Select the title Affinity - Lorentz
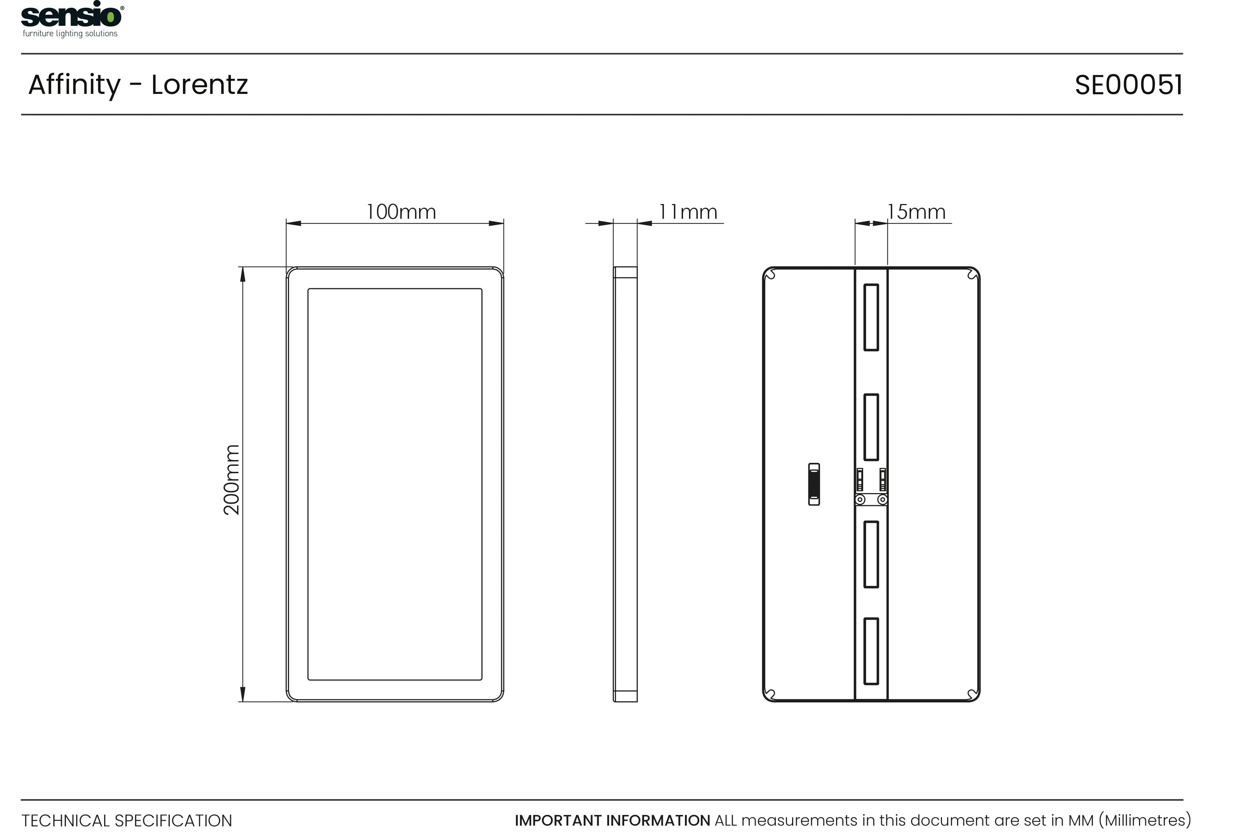click(x=138, y=85)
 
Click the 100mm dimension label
click(x=401, y=212)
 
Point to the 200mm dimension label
click(x=231, y=479)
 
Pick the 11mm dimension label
click(x=688, y=212)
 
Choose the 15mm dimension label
click(x=916, y=212)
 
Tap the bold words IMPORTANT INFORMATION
click(x=612, y=820)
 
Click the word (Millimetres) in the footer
click(x=1145, y=820)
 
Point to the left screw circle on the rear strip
click(x=860, y=500)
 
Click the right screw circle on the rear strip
click(x=882, y=500)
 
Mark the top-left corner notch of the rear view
click(x=771, y=275)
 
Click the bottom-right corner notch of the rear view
click(x=972, y=694)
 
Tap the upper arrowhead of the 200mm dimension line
click(x=243, y=274)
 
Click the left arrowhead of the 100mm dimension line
click(x=293, y=224)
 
